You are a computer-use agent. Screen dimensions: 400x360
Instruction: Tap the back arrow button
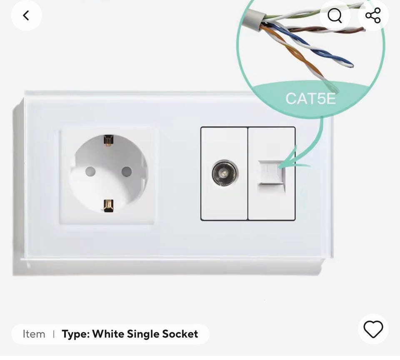(x=26, y=15)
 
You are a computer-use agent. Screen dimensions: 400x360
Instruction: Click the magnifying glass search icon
(x=335, y=15)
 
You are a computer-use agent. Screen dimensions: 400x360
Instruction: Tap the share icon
(x=373, y=15)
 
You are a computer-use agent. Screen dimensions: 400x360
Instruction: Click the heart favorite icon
(x=373, y=329)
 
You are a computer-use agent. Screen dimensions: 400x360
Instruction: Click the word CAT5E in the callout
(x=310, y=99)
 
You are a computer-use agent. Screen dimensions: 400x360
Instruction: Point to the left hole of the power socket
(x=90, y=171)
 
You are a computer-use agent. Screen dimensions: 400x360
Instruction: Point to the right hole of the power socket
(x=127, y=171)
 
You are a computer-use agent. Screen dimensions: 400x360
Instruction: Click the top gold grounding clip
(x=108, y=140)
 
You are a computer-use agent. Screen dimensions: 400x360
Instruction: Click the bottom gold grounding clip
(x=108, y=206)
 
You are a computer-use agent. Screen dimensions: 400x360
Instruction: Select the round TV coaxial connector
(x=225, y=173)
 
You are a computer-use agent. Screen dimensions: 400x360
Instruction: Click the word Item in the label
(x=34, y=334)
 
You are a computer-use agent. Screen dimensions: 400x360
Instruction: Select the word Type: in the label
(x=75, y=334)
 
